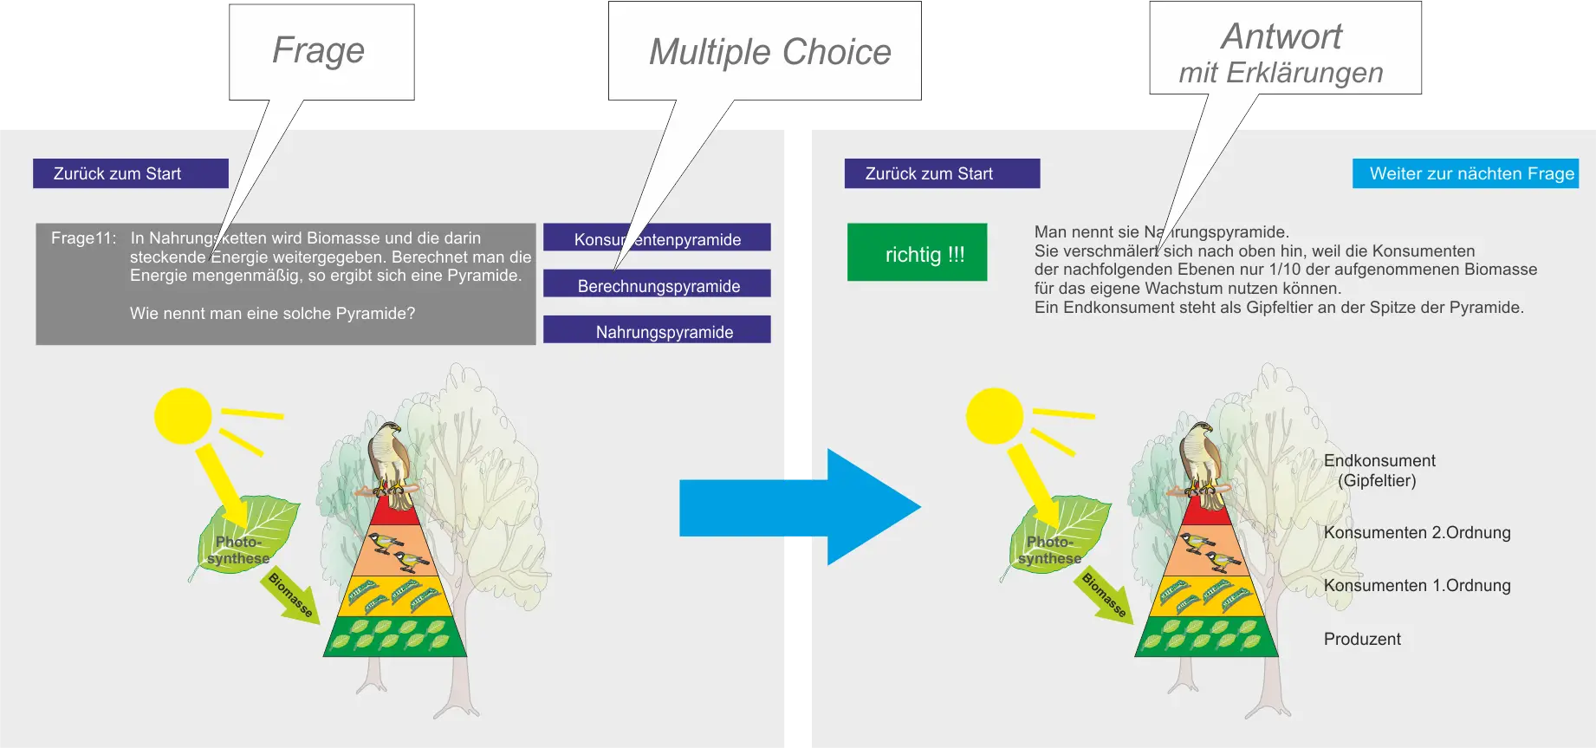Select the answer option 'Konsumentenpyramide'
[x=657, y=238]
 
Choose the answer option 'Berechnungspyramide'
[x=657, y=284]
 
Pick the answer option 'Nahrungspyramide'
[x=657, y=330]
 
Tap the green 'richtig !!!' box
[x=917, y=253]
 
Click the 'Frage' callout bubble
[x=321, y=51]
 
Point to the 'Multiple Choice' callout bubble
[x=764, y=51]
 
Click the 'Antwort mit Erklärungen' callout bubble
[x=1286, y=49]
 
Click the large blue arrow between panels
[x=797, y=507]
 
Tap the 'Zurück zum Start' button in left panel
[x=131, y=173]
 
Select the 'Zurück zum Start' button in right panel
[x=942, y=173]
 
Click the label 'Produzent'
[x=1362, y=640]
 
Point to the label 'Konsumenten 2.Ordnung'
[x=1417, y=533]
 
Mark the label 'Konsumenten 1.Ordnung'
[x=1417, y=586]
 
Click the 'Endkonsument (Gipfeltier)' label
[x=1379, y=471]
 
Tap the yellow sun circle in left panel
[x=183, y=416]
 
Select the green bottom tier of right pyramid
[x=1207, y=637]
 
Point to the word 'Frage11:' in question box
[x=83, y=238]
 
